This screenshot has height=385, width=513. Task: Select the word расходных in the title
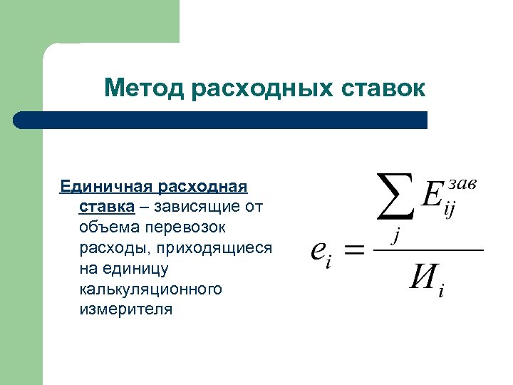(x=261, y=88)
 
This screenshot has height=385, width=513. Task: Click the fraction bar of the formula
(x=428, y=250)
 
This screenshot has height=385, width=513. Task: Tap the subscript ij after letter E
(x=450, y=212)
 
